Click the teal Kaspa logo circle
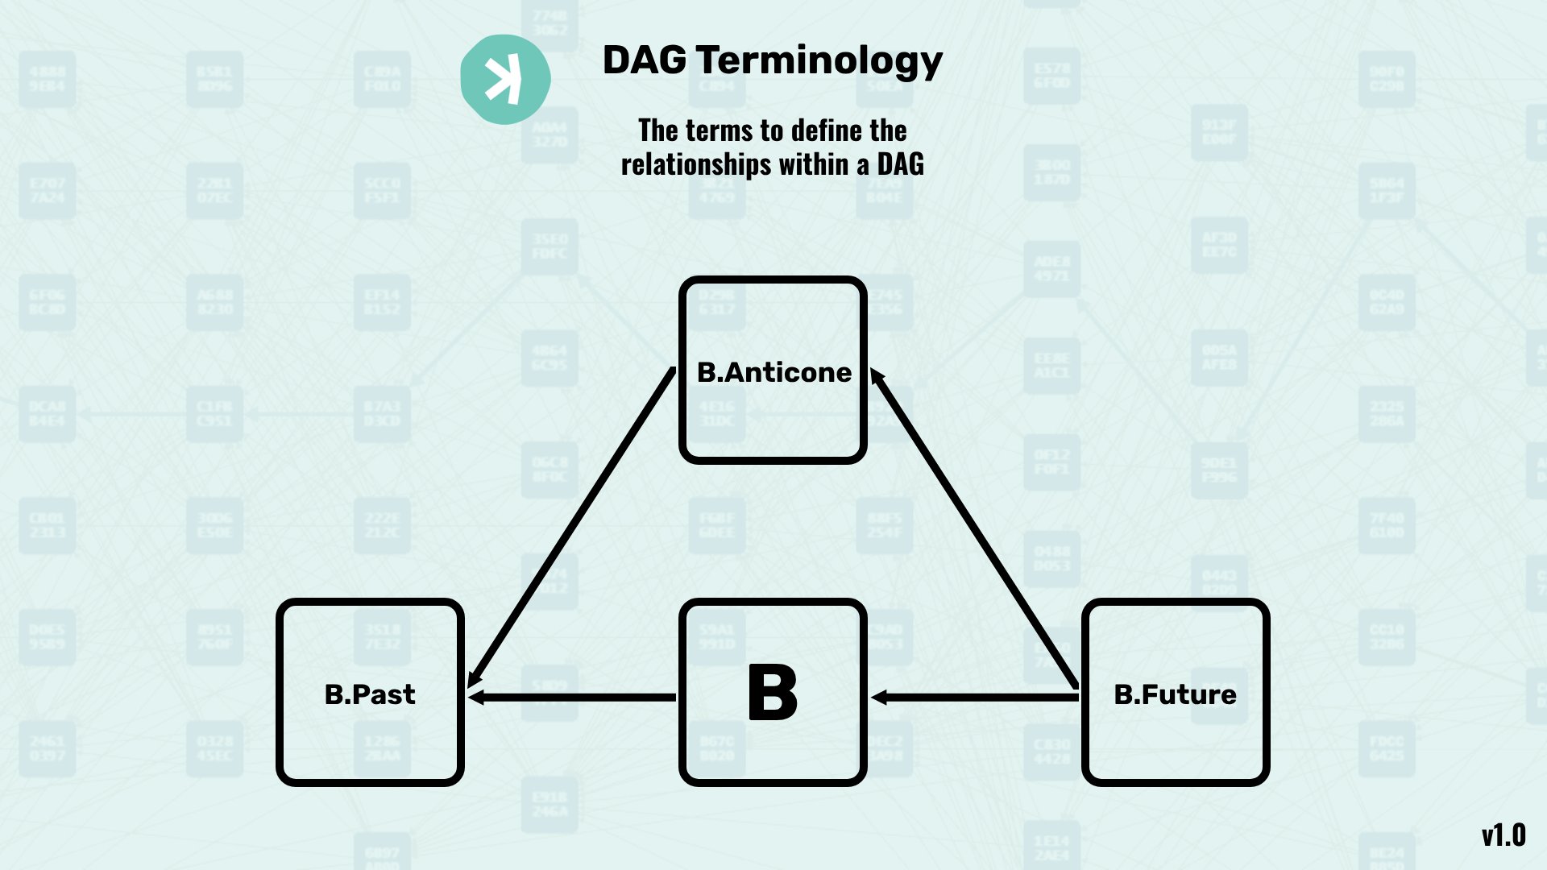click(x=505, y=79)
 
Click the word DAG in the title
click(x=645, y=60)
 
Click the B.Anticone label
click(x=773, y=372)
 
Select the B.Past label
click(x=370, y=694)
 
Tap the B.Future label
click(x=1175, y=694)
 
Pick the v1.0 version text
click(x=1503, y=835)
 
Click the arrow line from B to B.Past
click(x=580, y=697)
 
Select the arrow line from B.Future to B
click(x=983, y=697)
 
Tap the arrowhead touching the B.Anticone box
click(x=877, y=377)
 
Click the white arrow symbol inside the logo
click(x=503, y=80)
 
